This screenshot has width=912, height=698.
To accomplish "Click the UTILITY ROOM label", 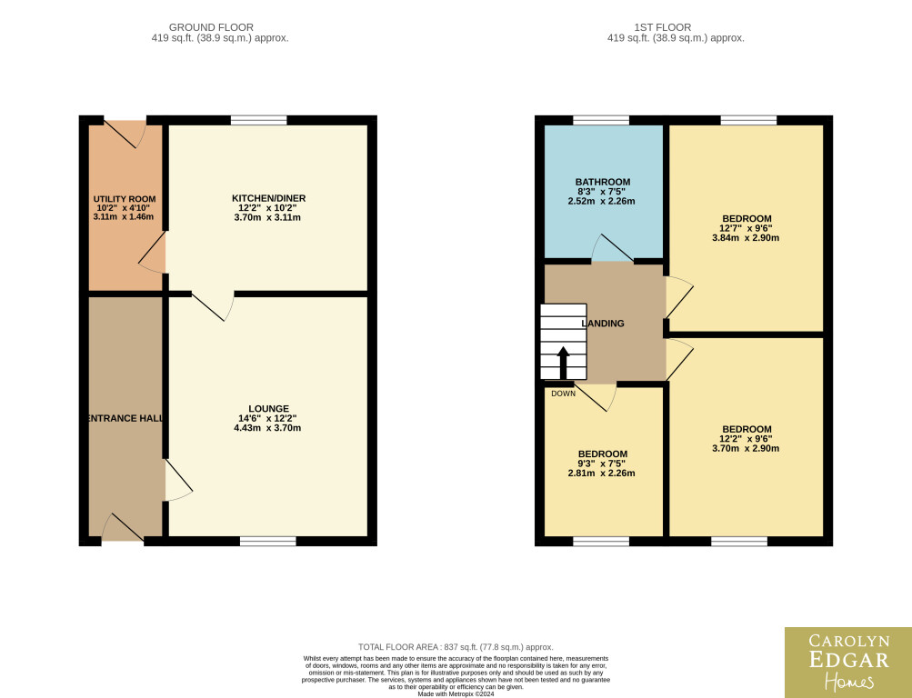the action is click(125, 199).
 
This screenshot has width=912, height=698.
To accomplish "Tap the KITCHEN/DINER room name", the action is click(269, 198).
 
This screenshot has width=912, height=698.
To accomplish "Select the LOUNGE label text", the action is click(269, 409).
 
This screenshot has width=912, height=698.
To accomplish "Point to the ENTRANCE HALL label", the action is click(125, 418).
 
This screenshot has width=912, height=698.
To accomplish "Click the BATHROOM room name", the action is click(603, 182).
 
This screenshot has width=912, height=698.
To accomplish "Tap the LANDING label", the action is click(603, 324).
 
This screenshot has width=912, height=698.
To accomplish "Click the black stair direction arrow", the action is click(563, 363).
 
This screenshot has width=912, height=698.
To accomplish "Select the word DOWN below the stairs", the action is click(563, 394).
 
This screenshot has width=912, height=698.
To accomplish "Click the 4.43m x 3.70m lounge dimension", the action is click(267, 428).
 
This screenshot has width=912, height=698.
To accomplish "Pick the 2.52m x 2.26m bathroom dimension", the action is click(601, 201).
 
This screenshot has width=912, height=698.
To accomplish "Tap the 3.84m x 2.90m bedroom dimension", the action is click(746, 238).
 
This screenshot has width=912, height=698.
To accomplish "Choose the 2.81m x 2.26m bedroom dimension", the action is click(601, 474).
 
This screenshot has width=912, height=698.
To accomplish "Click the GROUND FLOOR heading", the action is click(211, 27).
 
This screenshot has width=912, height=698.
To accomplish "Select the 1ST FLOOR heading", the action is click(663, 27).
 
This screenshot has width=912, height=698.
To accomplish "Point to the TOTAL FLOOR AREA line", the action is click(456, 647).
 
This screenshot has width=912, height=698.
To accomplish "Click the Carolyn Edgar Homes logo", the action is click(848, 663).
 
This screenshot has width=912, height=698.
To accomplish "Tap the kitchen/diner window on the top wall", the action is click(259, 120).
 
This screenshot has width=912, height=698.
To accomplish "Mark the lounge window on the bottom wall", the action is click(268, 541).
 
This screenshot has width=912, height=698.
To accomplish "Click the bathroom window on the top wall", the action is click(601, 120).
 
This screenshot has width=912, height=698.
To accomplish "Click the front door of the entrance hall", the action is click(123, 528).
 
